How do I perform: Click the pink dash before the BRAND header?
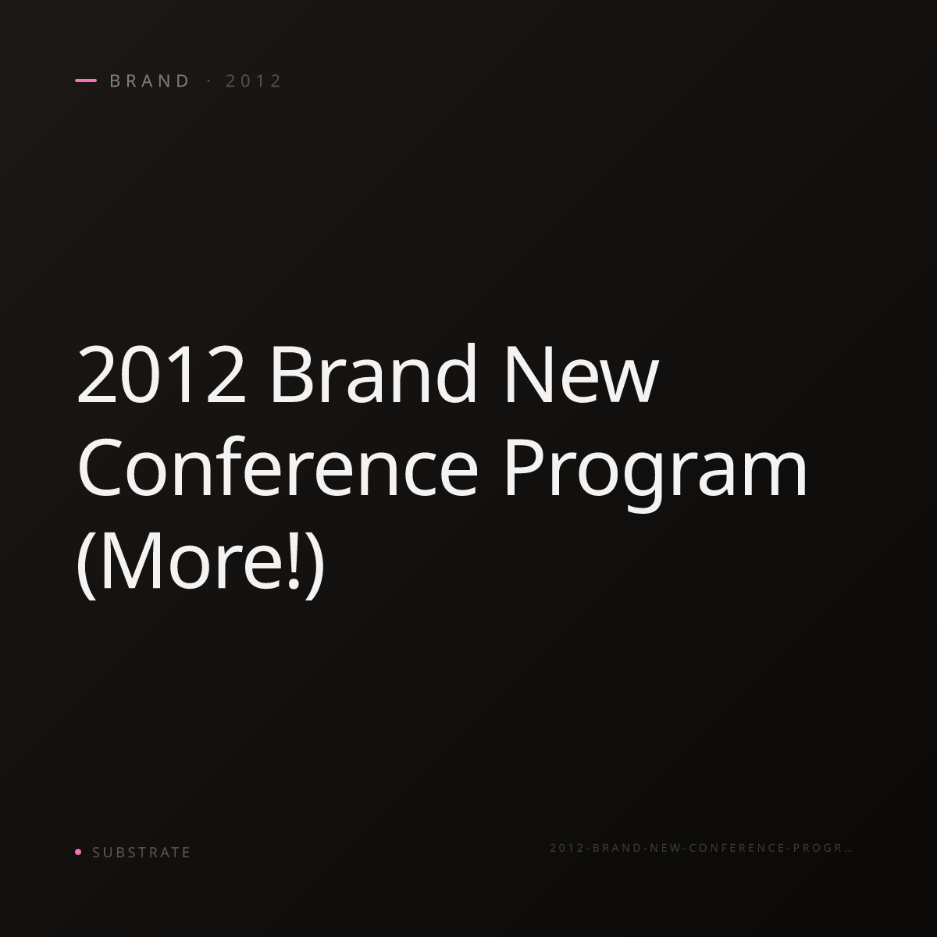pyautogui.click(x=86, y=80)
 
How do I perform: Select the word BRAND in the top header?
pyautogui.click(x=149, y=80)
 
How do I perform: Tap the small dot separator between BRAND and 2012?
pyautogui.click(x=209, y=80)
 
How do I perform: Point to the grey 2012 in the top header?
pyautogui.click(x=253, y=80)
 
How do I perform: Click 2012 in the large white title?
pyautogui.click(x=162, y=374)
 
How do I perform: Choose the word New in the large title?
pyautogui.click(x=582, y=374)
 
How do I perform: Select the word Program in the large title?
pyautogui.click(x=655, y=472)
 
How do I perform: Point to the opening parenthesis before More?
pyautogui.click(x=87, y=564)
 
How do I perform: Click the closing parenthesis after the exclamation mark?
pyautogui.click(x=315, y=564)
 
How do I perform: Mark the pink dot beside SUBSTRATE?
pyautogui.click(x=78, y=851)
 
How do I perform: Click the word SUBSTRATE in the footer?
pyautogui.click(x=141, y=853)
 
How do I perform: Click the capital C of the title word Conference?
pyautogui.click(x=100, y=467)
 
